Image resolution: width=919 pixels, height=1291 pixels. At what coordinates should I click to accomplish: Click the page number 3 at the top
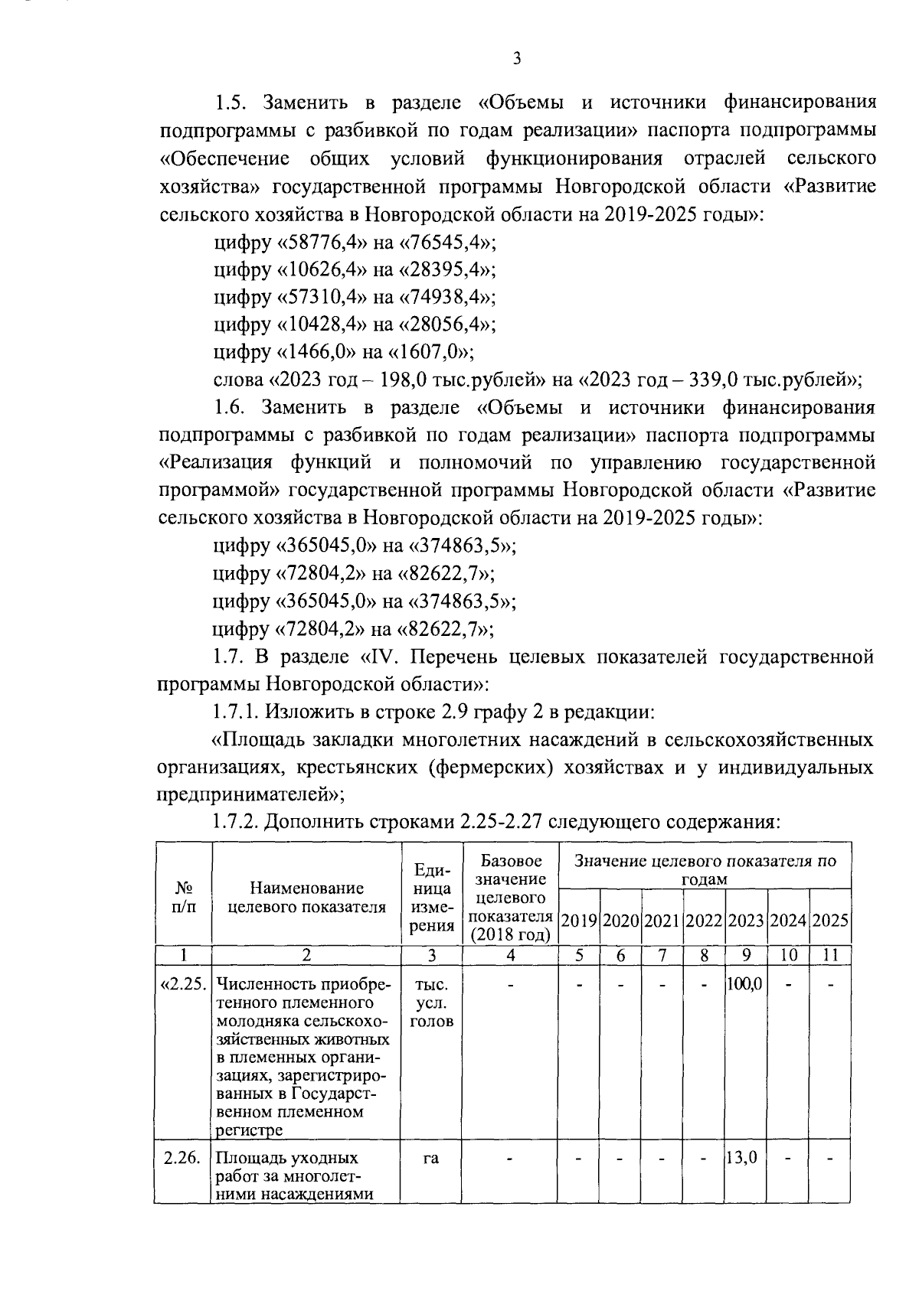pyautogui.click(x=517, y=59)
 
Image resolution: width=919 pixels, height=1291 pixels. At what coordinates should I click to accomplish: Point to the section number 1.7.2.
pyautogui.click(x=236, y=823)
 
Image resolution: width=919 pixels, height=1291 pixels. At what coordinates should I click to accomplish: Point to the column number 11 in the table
pyautogui.click(x=830, y=955)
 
